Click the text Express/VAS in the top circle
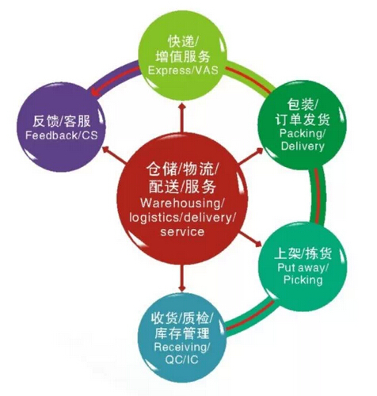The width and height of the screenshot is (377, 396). [x=183, y=70]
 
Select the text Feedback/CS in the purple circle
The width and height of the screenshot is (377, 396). [x=62, y=135]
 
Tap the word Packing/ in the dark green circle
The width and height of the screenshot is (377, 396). [x=302, y=134]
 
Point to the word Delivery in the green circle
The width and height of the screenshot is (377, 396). [x=303, y=146]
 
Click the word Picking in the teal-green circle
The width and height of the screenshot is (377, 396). [x=303, y=280]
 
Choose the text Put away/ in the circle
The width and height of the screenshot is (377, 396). [x=303, y=268]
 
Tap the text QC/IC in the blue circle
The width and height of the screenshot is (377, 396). [x=181, y=360]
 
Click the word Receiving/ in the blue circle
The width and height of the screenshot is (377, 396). [x=182, y=347]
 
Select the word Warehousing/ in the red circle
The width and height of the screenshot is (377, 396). [x=182, y=204]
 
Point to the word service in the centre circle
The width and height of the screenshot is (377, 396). [x=182, y=232]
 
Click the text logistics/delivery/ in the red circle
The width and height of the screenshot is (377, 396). [x=182, y=218]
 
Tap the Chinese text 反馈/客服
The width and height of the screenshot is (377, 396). [x=62, y=121]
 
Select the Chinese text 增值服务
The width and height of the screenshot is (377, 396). [x=183, y=56]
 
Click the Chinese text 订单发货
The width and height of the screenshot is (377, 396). [x=303, y=120]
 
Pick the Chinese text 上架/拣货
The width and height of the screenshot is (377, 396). [x=303, y=254]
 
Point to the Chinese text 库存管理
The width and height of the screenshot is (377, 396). [x=182, y=333]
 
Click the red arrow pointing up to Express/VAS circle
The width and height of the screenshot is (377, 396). [x=182, y=117]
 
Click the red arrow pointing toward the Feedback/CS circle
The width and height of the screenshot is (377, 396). [x=114, y=154]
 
